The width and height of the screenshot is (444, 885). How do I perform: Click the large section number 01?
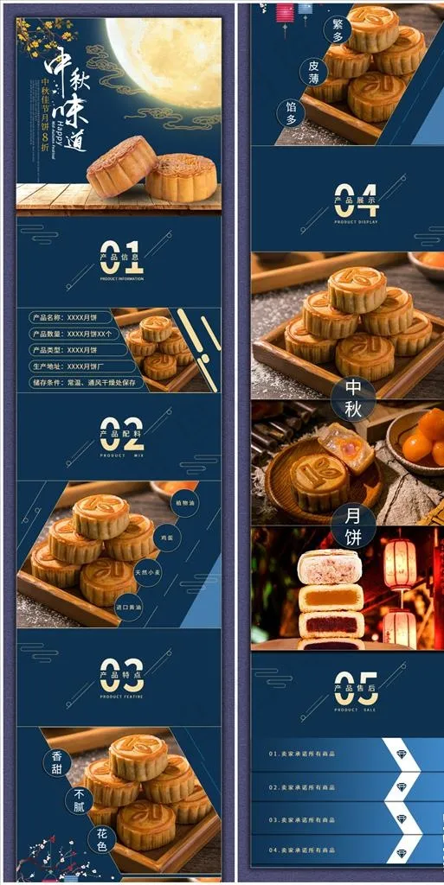click(121, 257)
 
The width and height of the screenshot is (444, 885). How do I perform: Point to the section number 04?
click(356, 199)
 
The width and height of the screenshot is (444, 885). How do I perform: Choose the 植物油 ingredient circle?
click(184, 502)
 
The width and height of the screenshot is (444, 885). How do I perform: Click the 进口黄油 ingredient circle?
click(129, 607)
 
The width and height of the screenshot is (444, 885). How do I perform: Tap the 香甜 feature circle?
click(56, 762)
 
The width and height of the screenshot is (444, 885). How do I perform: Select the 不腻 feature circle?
click(80, 799)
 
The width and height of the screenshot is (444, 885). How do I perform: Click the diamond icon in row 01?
click(402, 754)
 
